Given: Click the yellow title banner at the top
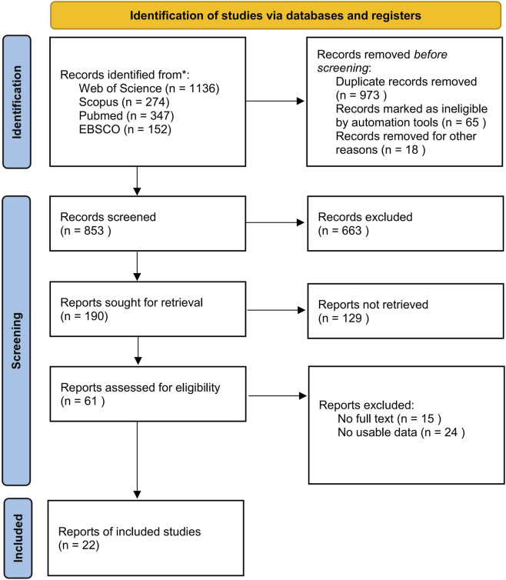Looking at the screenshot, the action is click(275, 15).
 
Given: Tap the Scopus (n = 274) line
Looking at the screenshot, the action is click(124, 102).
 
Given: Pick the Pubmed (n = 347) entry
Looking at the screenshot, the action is click(126, 115).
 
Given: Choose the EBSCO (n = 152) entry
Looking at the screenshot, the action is click(125, 129).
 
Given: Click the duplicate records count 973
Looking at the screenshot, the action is click(369, 95).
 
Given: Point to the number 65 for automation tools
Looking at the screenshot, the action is click(471, 122).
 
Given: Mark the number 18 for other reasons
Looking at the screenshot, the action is click(411, 149).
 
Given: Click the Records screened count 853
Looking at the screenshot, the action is click(94, 231).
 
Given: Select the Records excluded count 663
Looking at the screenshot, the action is click(351, 231).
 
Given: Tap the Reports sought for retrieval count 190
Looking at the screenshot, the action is click(94, 316).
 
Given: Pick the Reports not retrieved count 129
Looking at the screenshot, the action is click(351, 318).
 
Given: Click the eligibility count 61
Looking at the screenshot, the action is click(91, 401).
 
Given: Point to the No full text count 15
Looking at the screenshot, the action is click(428, 418).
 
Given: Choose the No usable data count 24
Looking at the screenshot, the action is click(451, 432).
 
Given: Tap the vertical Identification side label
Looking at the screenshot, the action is click(17, 102).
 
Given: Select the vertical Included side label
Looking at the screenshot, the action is click(18, 538).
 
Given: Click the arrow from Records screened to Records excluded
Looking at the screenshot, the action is click(275, 222).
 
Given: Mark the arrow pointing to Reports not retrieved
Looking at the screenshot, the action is click(276, 310).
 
